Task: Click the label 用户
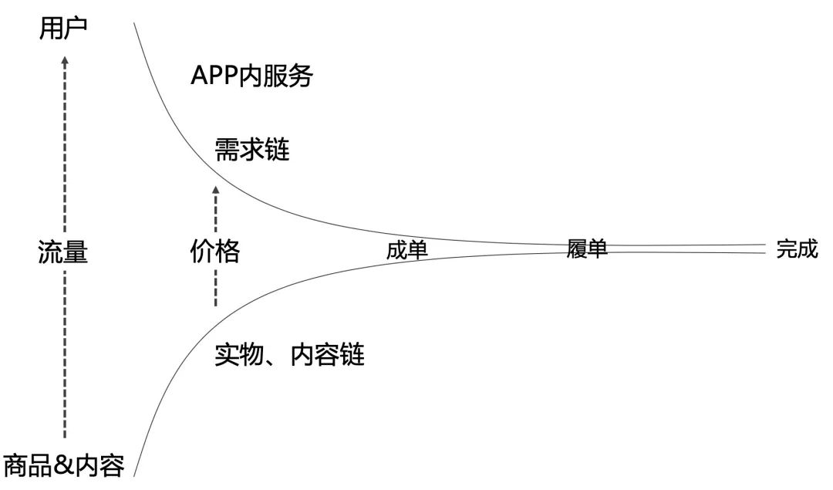pyautogui.click(x=63, y=29)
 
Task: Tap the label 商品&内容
pyautogui.click(x=64, y=465)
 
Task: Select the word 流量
pyautogui.click(x=62, y=252)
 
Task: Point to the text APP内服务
pyautogui.click(x=251, y=76)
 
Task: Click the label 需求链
pyautogui.click(x=252, y=150)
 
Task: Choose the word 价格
pyautogui.click(x=215, y=252)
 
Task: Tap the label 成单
pyautogui.click(x=407, y=250)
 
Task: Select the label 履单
pyautogui.click(x=587, y=248)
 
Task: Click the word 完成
pyautogui.click(x=797, y=248)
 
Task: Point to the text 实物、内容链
pyautogui.click(x=289, y=354)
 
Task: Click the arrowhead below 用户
pyautogui.click(x=65, y=61)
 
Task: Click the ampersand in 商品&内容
pyautogui.click(x=64, y=465)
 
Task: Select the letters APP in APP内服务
pyautogui.click(x=214, y=76)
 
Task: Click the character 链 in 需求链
pyautogui.click(x=278, y=150)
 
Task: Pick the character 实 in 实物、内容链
pyautogui.click(x=227, y=354)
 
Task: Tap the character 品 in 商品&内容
pyautogui.click(x=40, y=465)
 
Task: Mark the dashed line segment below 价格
pyautogui.click(x=216, y=288)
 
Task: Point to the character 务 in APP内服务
pyautogui.click(x=301, y=76)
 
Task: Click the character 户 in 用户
pyautogui.click(x=76, y=29)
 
